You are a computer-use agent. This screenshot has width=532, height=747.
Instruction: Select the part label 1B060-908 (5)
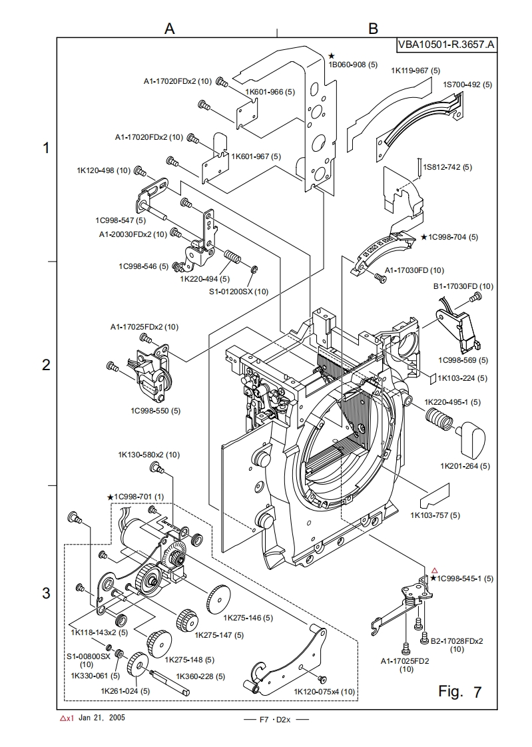point(354,65)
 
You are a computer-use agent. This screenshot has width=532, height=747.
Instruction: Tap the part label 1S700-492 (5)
point(467,85)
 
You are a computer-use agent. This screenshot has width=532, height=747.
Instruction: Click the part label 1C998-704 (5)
point(453,237)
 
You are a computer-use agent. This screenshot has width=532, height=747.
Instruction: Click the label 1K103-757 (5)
point(435,515)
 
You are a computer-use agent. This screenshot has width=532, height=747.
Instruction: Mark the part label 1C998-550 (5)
point(155,411)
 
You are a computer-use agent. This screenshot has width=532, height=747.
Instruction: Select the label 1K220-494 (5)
point(204,279)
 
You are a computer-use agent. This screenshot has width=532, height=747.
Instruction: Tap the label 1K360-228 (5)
point(200,676)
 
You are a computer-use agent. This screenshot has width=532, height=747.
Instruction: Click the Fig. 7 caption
point(459,692)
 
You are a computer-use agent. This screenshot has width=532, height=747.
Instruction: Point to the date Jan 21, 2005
point(101,718)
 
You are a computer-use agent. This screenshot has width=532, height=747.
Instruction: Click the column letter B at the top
point(373,28)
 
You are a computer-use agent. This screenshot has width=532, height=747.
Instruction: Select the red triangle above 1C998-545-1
point(434,570)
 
